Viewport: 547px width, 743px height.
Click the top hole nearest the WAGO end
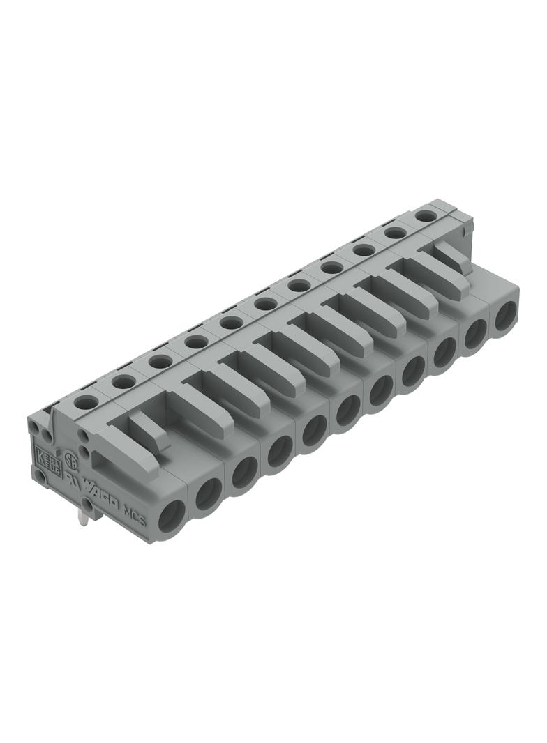click(x=87, y=401)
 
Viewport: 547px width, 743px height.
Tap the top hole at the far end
click(x=424, y=216)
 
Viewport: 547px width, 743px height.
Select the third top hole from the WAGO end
click(x=160, y=361)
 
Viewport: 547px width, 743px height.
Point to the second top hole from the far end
click(x=395, y=233)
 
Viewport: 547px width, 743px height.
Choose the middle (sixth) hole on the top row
click(x=265, y=303)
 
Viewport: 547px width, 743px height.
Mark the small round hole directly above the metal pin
click(x=87, y=503)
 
